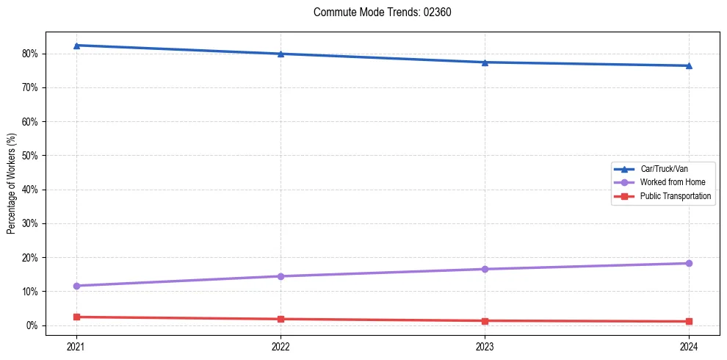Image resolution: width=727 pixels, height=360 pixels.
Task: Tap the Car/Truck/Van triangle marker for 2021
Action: pyautogui.click(x=76, y=46)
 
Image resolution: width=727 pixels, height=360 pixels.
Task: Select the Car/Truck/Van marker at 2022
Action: pyautogui.click(x=281, y=54)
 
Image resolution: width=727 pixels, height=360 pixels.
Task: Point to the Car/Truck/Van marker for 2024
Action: pyautogui.click(x=689, y=65)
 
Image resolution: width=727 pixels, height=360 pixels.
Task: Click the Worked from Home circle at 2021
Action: pyautogui.click(x=76, y=286)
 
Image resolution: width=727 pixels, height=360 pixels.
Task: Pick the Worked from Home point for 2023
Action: pyautogui.click(x=485, y=269)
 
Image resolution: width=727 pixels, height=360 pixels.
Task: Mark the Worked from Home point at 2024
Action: pyautogui.click(x=689, y=263)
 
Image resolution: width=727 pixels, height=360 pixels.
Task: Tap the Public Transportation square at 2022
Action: pyautogui.click(x=281, y=319)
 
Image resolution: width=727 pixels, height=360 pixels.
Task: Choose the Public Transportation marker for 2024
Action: pyautogui.click(x=689, y=321)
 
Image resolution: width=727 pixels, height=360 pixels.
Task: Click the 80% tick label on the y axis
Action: pyautogui.click(x=32, y=54)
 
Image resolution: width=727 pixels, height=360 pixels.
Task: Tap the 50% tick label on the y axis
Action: pyautogui.click(x=32, y=156)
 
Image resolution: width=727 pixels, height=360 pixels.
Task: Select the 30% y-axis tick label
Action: pyautogui.click(x=32, y=223)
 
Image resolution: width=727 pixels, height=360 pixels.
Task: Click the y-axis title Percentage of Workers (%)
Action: pyautogui.click(x=12, y=184)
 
